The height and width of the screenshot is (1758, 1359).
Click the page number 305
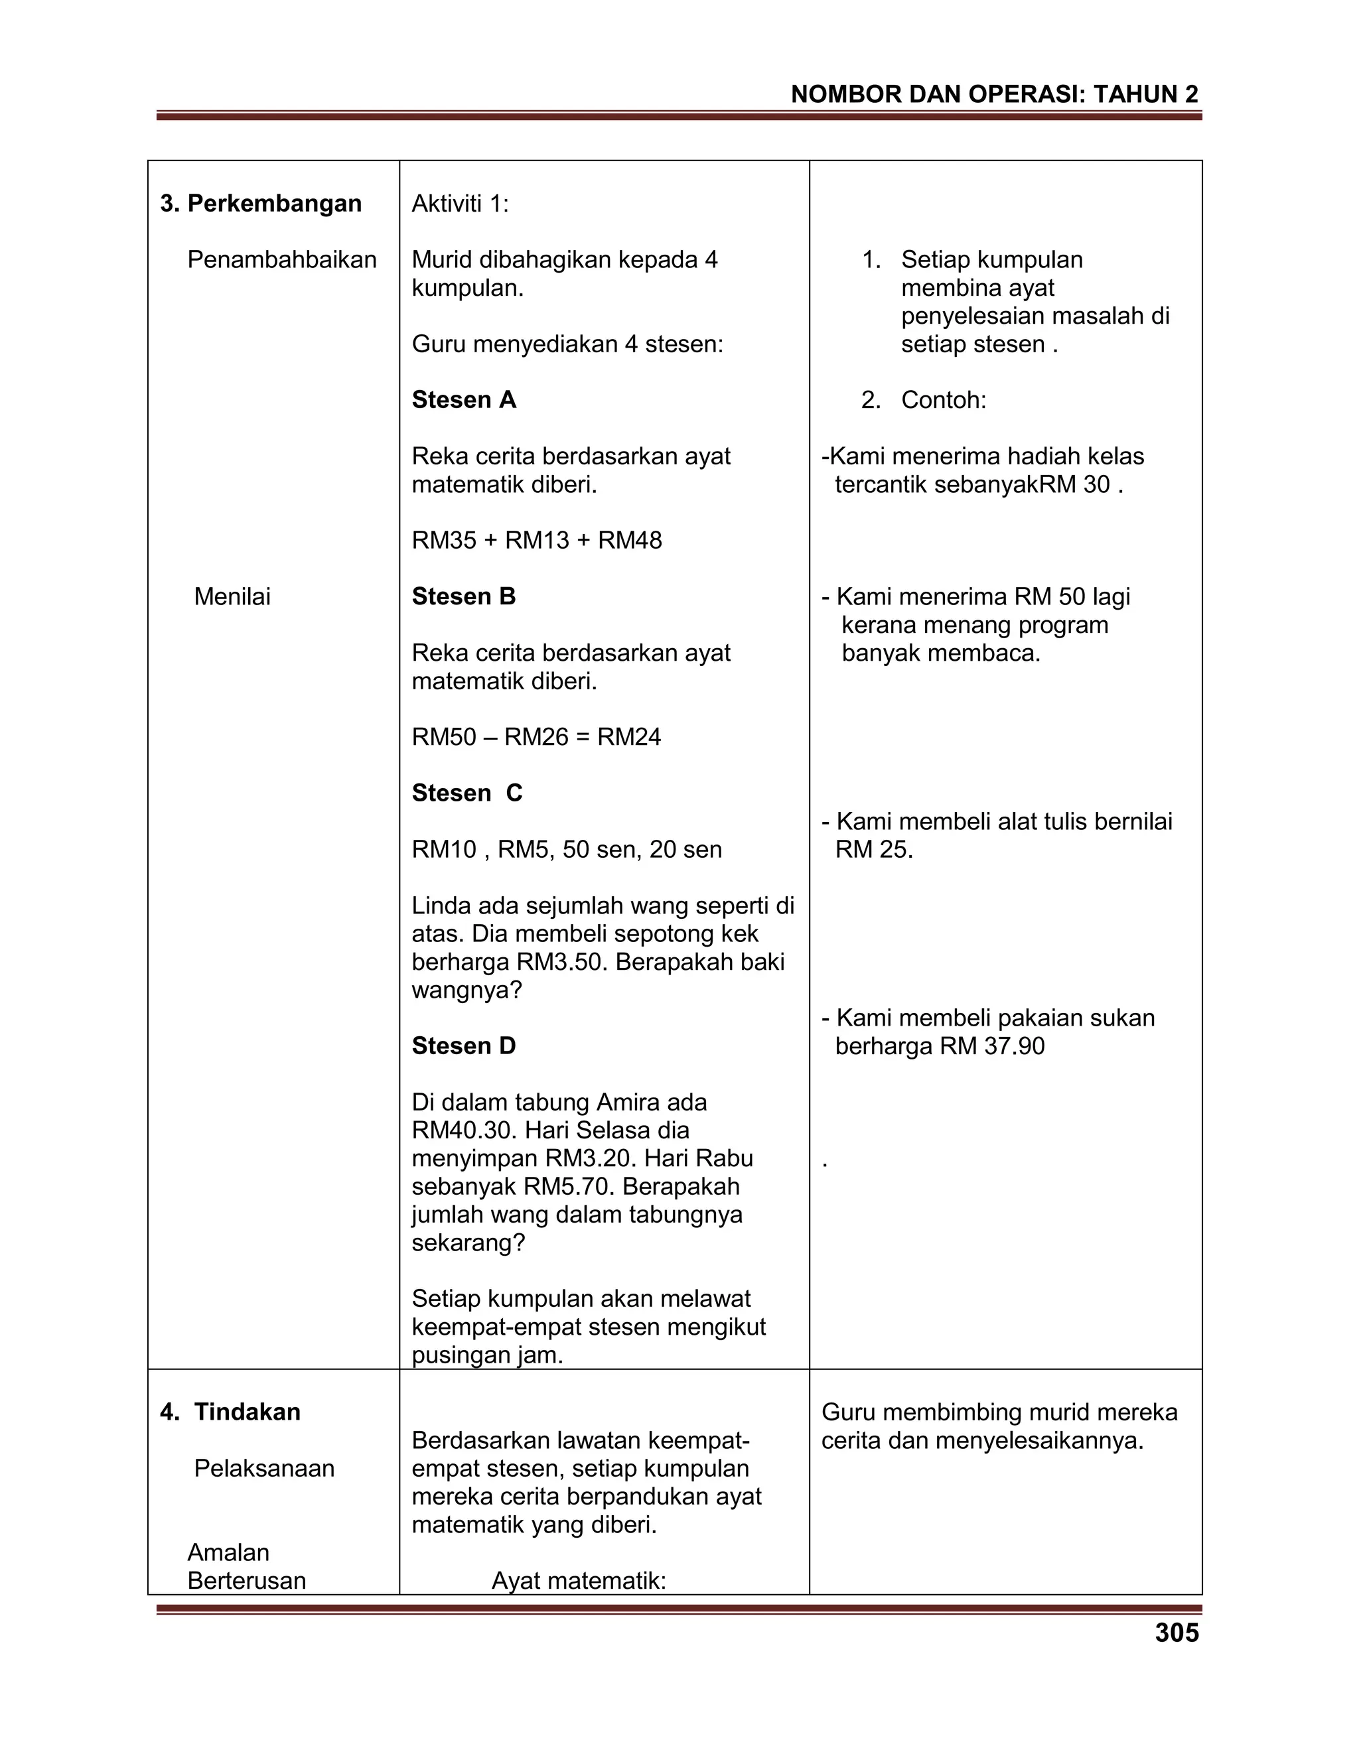[1177, 1633]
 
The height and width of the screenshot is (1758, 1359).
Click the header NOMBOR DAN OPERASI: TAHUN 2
[994, 94]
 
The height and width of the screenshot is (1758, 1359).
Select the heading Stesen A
[464, 400]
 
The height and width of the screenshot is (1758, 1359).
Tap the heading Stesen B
[464, 596]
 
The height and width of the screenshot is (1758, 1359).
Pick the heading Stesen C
[467, 793]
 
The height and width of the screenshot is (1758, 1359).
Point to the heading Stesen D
[464, 1046]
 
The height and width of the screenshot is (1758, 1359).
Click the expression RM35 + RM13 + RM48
[536, 540]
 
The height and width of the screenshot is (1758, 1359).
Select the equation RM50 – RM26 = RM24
[536, 736]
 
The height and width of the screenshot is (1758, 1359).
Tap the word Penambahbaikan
[282, 260]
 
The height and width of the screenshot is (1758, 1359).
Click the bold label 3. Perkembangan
[261, 204]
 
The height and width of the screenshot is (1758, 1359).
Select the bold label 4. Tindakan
[230, 1412]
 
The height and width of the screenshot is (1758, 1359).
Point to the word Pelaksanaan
[264, 1468]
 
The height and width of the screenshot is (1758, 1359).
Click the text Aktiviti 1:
[460, 204]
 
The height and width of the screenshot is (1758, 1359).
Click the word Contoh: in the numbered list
[943, 400]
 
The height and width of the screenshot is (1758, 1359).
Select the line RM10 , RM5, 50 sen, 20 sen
[567, 849]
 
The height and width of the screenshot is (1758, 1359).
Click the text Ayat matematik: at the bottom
[579, 1581]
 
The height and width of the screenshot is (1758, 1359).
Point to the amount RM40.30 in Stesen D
[465, 1130]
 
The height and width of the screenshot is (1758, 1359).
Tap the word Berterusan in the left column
[246, 1581]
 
